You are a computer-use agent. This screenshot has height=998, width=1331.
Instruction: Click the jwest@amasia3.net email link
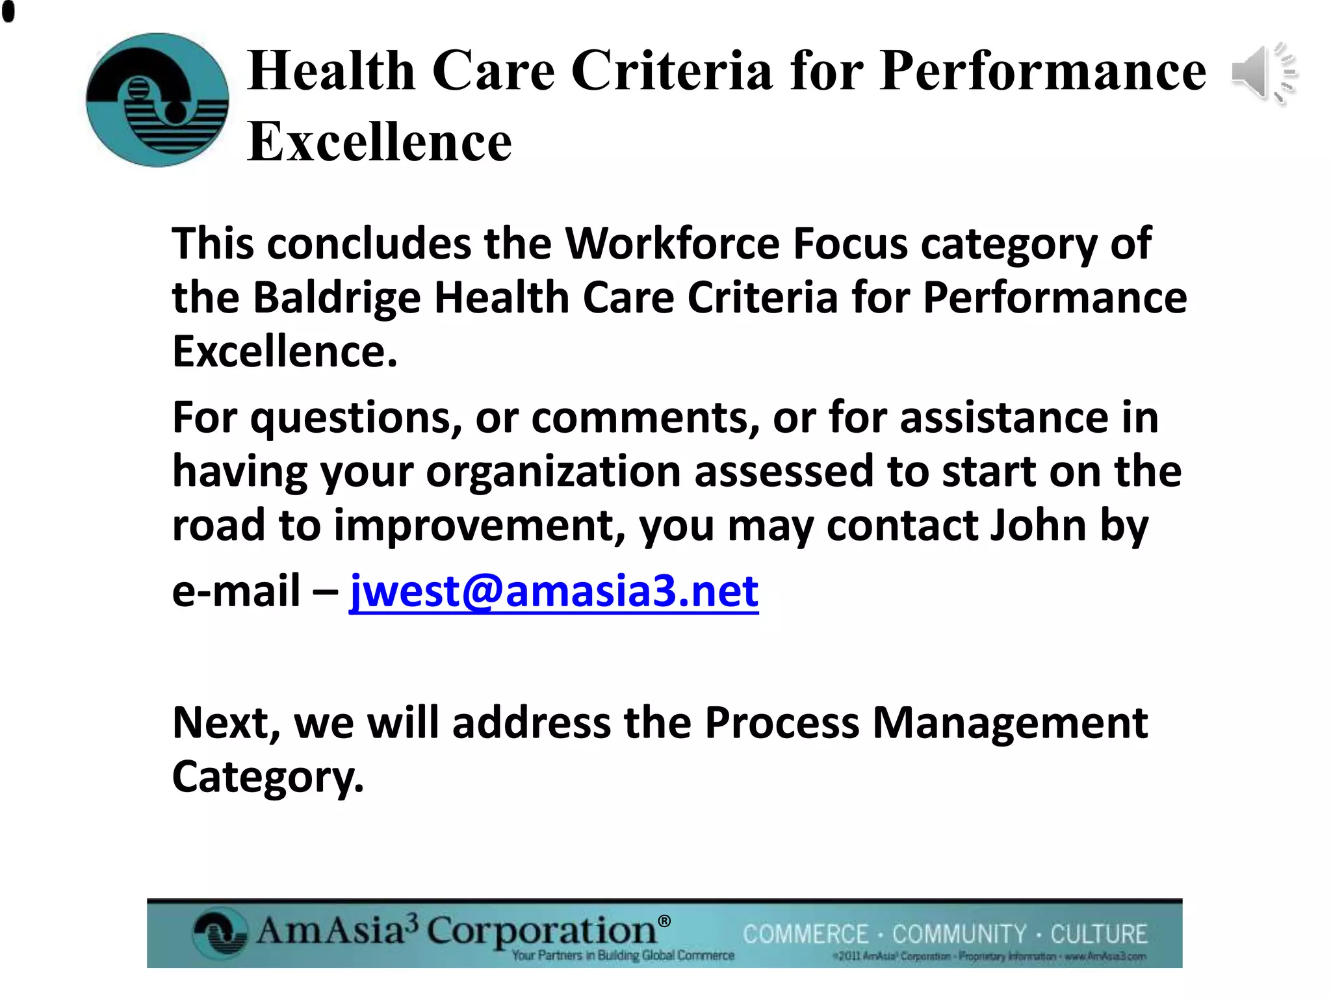point(554,591)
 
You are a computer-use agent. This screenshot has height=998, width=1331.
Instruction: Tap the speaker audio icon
point(1263,73)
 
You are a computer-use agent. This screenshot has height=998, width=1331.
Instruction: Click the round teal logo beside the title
point(157,100)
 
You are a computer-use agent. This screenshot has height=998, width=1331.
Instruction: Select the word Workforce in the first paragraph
point(672,244)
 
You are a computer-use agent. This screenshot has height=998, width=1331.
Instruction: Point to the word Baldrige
point(337,298)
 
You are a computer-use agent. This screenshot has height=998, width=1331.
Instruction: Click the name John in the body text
point(1037,525)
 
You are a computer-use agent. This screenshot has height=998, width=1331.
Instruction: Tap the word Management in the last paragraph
point(1009,723)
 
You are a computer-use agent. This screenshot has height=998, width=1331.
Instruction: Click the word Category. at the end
point(268,777)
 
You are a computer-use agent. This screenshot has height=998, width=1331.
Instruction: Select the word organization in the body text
point(553,471)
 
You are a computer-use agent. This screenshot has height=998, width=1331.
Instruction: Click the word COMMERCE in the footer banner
point(805,934)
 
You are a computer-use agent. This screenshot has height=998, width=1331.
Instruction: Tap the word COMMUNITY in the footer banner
point(959,934)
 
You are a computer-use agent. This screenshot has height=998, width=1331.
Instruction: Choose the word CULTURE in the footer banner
point(1098,934)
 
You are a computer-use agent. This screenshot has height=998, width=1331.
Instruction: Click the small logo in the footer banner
point(220,934)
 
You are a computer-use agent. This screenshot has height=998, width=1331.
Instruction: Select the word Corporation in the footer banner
point(541,930)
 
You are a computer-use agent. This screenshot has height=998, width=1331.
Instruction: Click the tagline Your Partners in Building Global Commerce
point(623,956)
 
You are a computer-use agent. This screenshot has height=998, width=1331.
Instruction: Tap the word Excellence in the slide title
point(380,142)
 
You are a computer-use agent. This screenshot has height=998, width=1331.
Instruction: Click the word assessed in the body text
point(784,471)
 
